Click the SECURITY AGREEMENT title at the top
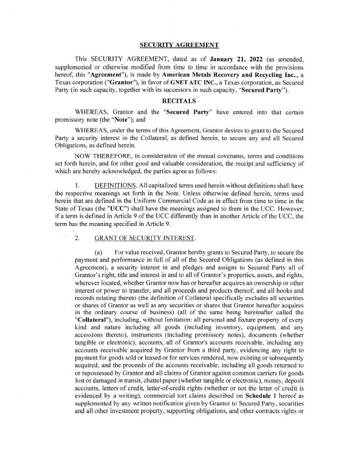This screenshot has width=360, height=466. (179, 45)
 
